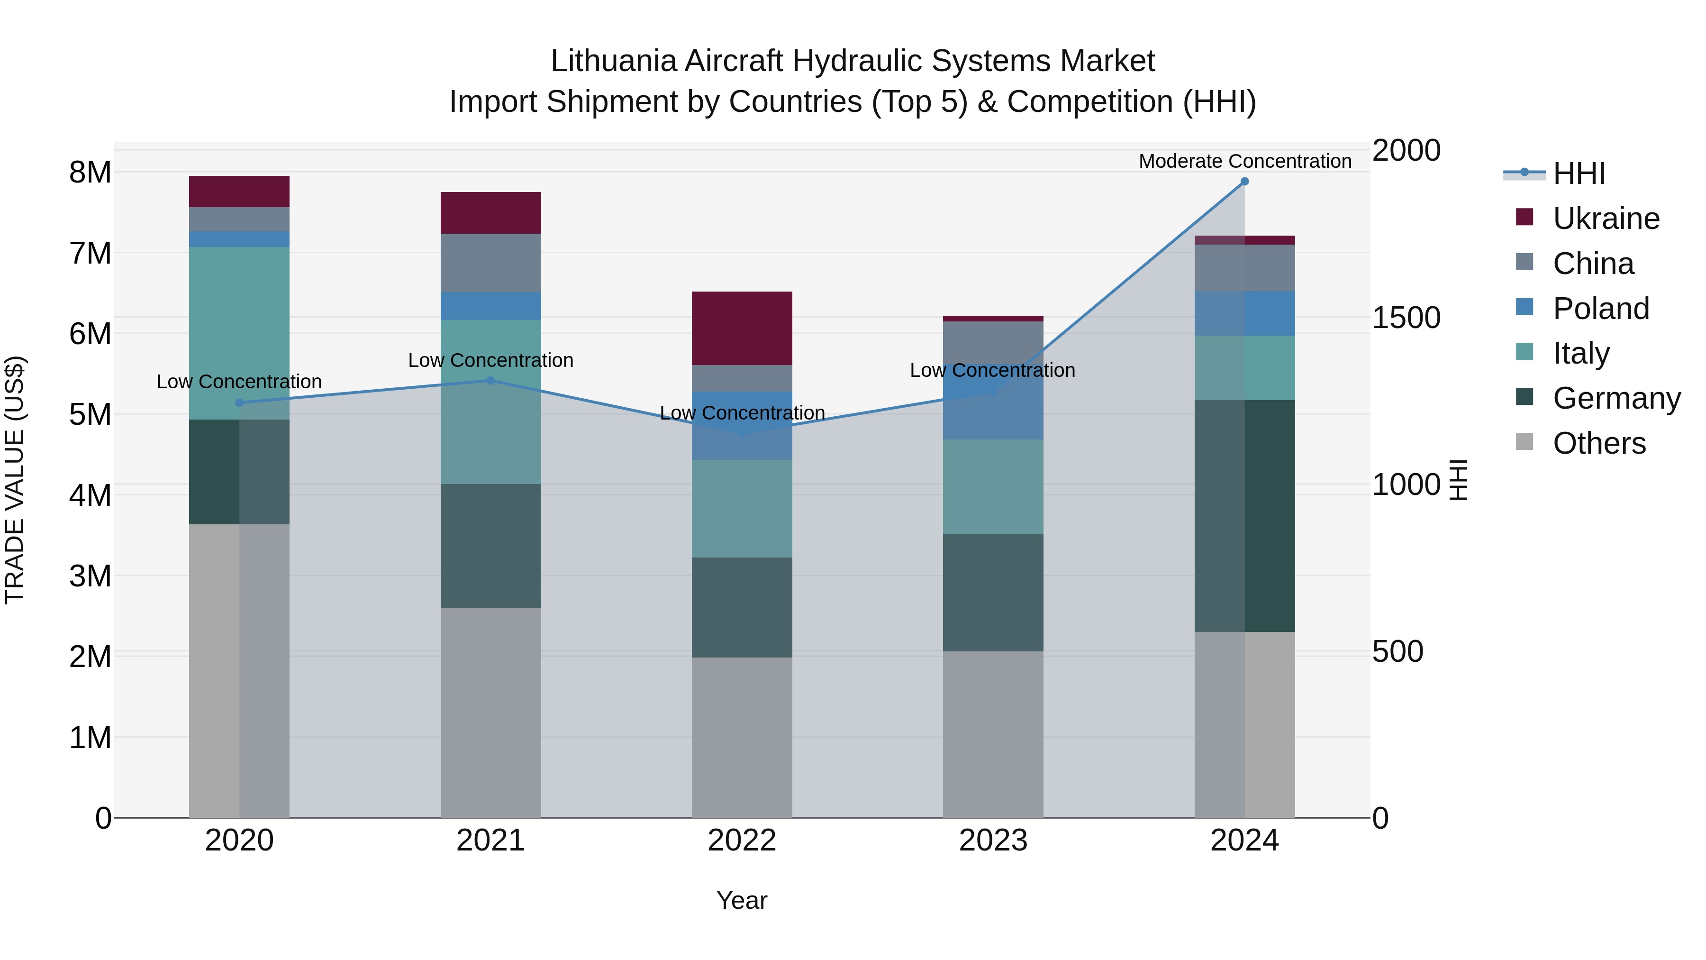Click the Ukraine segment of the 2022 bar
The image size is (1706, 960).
pyautogui.click(x=742, y=328)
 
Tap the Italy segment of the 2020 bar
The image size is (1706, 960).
pyautogui.click(x=239, y=333)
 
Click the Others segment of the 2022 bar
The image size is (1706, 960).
pyautogui.click(x=742, y=737)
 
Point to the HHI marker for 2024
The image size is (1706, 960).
pyautogui.click(x=1244, y=182)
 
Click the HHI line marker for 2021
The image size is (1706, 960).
pyautogui.click(x=491, y=380)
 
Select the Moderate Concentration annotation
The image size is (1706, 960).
pyautogui.click(x=1244, y=161)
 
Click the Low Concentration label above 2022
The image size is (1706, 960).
pyautogui.click(x=742, y=413)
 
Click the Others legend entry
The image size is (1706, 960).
pyautogui.click(x=1599, y=443)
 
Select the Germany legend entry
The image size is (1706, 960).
pyautogui.click(x=1616, y=398)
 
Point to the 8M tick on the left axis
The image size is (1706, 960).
pyautogui.click(x=90, y=172)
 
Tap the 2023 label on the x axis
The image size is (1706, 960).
pyautogui.click(x=993, y=840)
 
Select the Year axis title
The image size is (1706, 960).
pyautogui.click(x=742, y=900)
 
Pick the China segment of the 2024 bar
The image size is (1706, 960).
pyautogui.click(x=1244, y=268)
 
